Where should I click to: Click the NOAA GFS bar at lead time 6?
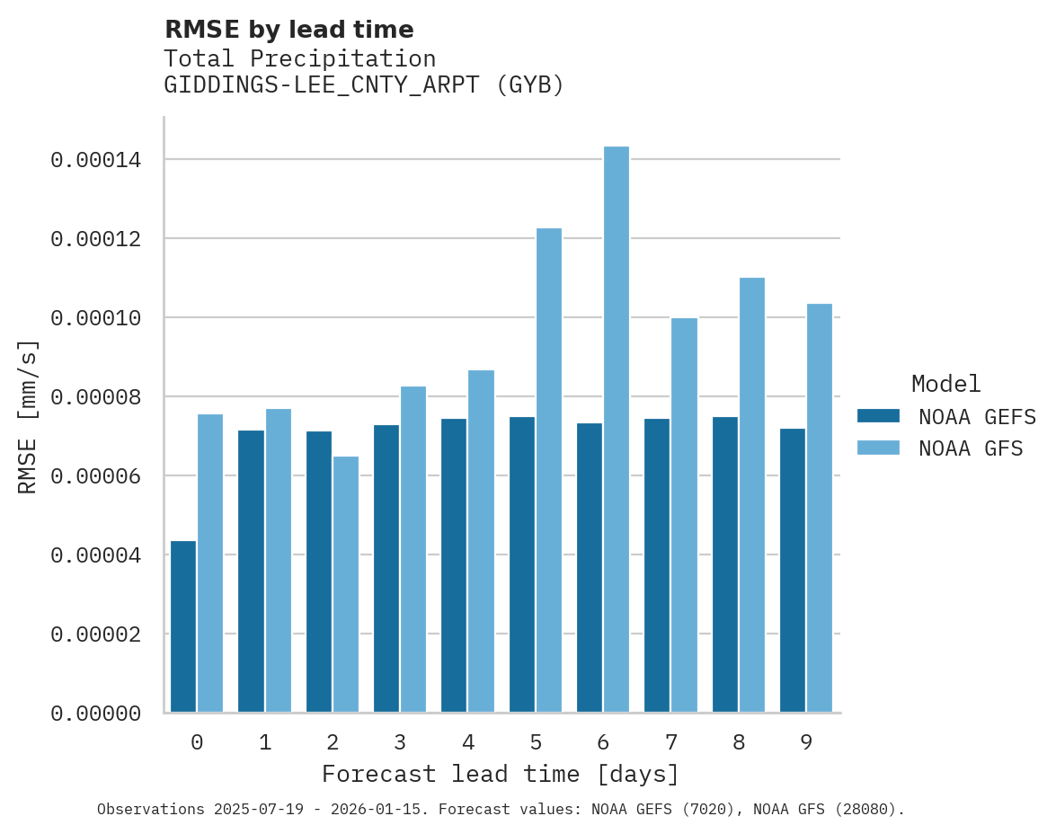pyautogui.click(x=617, y=430)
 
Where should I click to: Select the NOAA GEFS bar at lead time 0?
pyautogui.click(x=183, y=626)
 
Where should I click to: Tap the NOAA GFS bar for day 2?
pyautogui.click(x=346, y=584)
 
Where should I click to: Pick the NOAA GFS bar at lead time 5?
pyautogui.click(x=549, y=470)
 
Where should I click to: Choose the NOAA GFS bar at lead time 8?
pyautogui.click(x=752, y=495)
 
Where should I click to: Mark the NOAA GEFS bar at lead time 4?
pyautogui.click(x=454, y=565)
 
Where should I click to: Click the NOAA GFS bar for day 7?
pyautogui.click(x=684, y=515)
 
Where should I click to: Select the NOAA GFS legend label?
pyautogui.click(x=971, y=448)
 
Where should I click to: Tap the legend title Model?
pyautogui.click(x=945, y=384)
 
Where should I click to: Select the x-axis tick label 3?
pyautogui.click(x=400, y=742)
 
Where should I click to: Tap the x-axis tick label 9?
pyautogui.click(x=806, y=742)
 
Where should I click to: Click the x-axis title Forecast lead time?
pyautogui.click(x=501, y=774)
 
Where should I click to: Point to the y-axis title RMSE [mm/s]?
pyautogui.click(x=29, y=416)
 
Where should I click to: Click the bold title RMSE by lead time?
pyautogui.click(x=289, y=30)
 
